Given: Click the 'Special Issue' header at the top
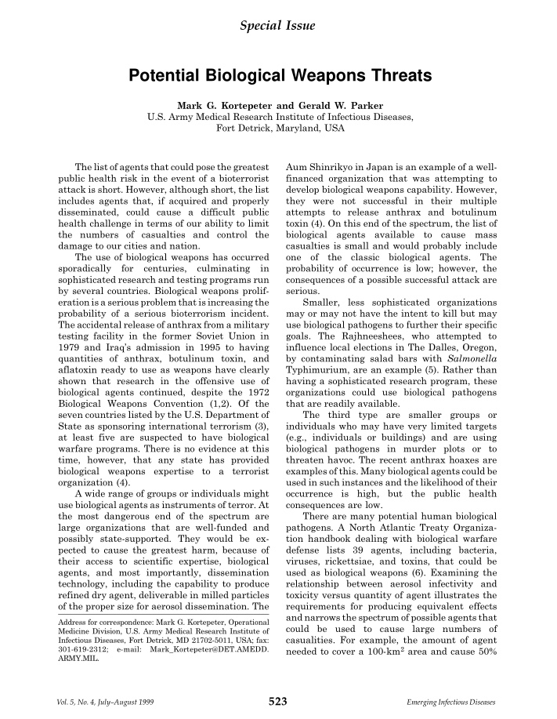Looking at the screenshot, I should pos(278,27).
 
